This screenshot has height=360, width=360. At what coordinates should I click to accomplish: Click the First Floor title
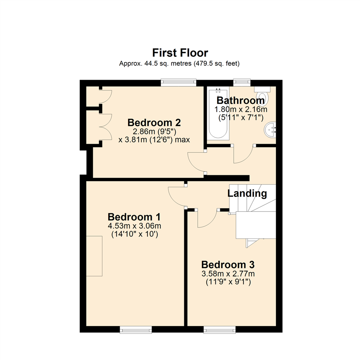pos(180,53)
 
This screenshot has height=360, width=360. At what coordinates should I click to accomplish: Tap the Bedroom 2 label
pos(154,122)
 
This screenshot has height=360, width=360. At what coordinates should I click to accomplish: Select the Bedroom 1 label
pos(134,217)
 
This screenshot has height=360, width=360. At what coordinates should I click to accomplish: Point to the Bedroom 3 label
pos(228,265)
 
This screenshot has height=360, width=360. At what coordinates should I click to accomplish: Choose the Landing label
pos(247,193)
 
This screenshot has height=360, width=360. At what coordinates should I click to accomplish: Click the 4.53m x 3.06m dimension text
pos(134,226)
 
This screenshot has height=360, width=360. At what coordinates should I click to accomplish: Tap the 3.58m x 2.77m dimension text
pos(228,274)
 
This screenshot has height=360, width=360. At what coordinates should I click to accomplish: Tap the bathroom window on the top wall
pos(242,81)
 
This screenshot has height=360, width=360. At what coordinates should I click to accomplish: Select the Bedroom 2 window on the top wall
pos(178,82)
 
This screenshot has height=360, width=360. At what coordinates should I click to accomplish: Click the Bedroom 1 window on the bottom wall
pos(136,330)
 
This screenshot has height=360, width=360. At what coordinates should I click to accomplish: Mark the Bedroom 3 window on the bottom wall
pos(219,330)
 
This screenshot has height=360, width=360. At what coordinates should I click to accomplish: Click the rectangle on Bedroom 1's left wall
pos(94,256)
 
